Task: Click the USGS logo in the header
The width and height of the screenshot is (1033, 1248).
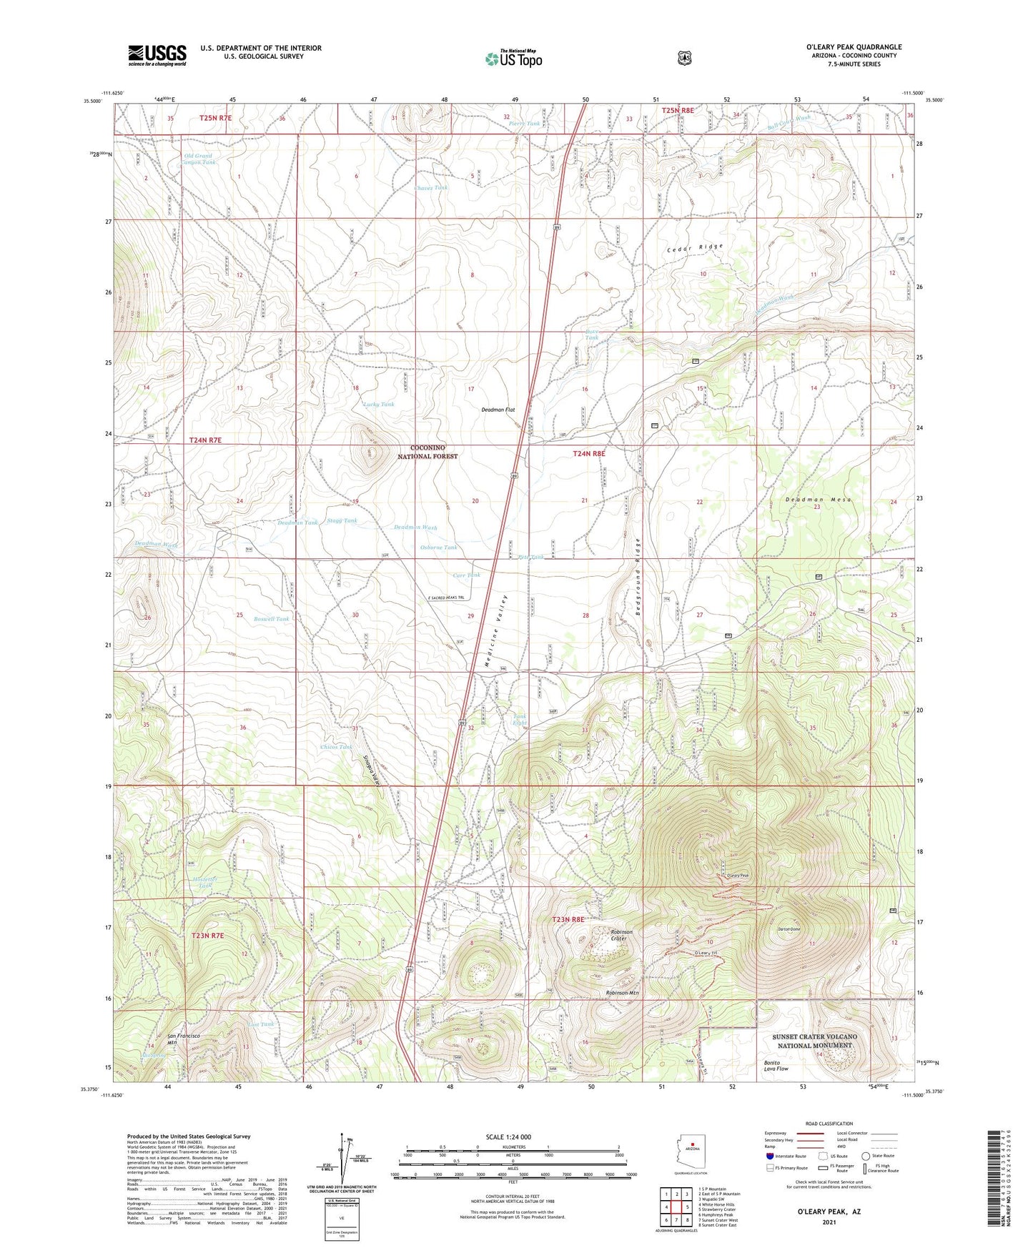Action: coord(157,54)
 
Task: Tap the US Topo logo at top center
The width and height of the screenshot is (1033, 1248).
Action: coord(513,59)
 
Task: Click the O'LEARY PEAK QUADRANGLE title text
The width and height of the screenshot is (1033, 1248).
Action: coord(854,47)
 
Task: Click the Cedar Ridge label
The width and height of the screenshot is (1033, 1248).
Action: coord(695,247)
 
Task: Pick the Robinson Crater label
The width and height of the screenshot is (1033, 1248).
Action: coord(621,935)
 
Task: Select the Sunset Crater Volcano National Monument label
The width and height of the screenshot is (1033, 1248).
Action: coord(814,1041)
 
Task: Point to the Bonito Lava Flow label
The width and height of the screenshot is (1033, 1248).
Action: coord(776,1066)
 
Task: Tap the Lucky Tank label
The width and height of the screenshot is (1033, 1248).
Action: coord(379,405)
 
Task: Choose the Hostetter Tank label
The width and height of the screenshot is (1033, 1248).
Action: coord(204,882)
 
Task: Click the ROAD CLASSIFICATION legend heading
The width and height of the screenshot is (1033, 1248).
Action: coord(829,1124)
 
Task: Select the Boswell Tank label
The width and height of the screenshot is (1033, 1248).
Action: coord(272,619)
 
